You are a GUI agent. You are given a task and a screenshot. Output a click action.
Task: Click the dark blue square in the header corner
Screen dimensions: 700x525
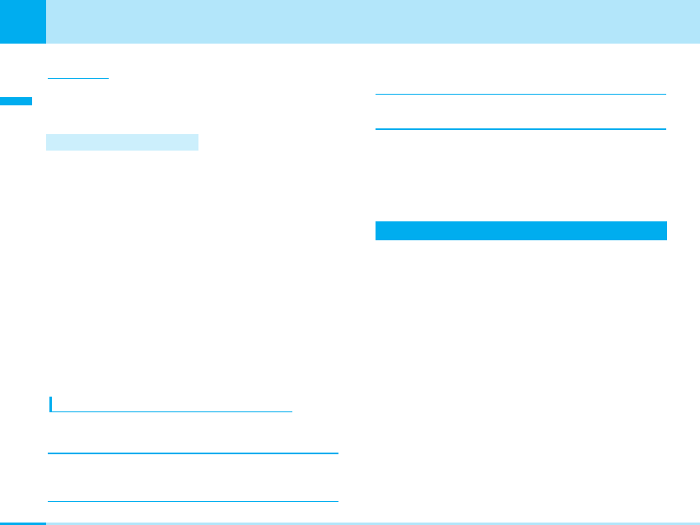tap(23, 21)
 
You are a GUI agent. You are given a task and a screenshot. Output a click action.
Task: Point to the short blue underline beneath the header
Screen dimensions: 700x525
tap(78, 78)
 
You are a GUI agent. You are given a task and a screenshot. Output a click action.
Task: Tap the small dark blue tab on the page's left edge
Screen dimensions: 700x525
tap(16, 101)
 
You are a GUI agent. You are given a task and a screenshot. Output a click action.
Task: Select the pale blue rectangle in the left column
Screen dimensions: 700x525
tap(122, 142)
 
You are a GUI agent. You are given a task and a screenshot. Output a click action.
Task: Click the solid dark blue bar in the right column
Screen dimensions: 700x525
tap(520, 230)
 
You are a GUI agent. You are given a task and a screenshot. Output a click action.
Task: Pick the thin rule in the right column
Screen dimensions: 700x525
tap(520, 94)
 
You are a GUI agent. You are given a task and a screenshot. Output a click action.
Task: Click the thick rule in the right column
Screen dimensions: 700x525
tap(520, 129)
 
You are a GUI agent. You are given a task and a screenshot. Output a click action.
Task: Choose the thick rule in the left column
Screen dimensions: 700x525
tap(193, 453)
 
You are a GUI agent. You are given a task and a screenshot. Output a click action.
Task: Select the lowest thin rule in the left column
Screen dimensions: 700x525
tap(193, 501)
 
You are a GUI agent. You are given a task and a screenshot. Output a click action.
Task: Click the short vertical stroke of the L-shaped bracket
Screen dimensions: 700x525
tap(50, 403)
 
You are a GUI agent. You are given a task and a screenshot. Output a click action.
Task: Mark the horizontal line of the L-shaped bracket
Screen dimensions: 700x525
tap(171, 410)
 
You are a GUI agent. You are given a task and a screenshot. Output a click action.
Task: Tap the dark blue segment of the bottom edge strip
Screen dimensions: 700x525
tap(23, 523)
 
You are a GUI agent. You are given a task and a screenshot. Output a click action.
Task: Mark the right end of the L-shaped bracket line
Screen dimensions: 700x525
tap(291, 410)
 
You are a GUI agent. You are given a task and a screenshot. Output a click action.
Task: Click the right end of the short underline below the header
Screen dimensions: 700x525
tap(107, 78)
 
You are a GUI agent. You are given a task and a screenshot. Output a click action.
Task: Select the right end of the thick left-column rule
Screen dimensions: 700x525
tap(336, 453)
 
